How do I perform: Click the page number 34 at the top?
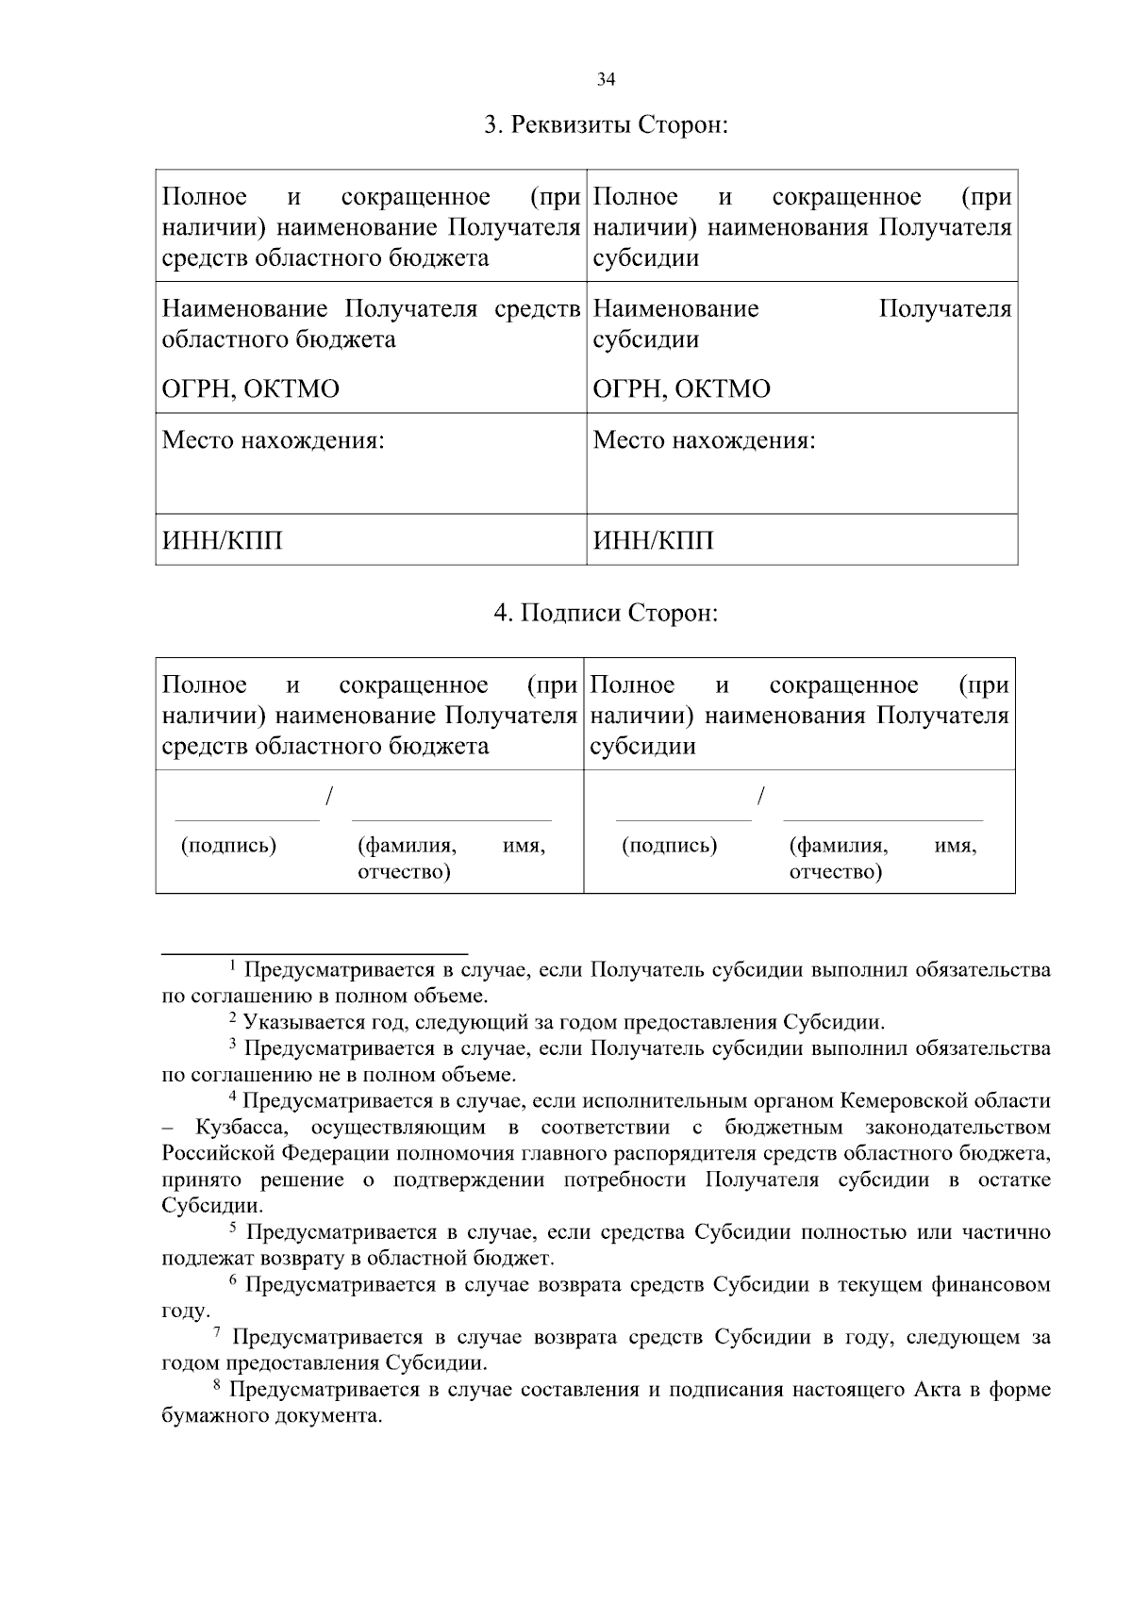[606, 80]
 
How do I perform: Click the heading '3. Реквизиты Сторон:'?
[606, 125]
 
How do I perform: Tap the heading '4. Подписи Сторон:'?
[606, 614]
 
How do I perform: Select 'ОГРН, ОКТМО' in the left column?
[251, 389]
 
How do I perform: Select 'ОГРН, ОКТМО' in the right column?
[681, 389]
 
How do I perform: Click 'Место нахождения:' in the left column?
[274, 440]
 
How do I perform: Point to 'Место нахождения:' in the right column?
[704, 440]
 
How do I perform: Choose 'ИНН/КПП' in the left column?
[223, 541]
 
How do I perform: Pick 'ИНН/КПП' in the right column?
[653, 541]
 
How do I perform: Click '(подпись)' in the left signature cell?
[228, 845]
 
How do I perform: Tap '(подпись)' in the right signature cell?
[669, 845]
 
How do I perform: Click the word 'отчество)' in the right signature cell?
[835, 872]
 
